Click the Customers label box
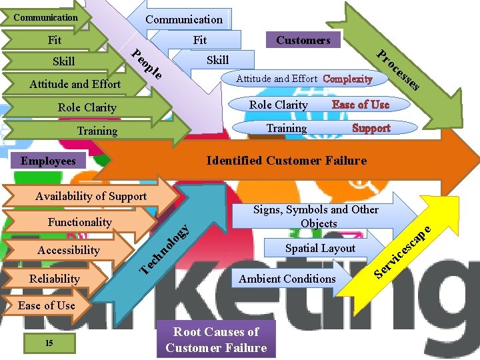pos(303,40)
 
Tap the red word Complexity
pos(347,79)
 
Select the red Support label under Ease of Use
pos(371,128)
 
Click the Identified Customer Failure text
pos(287,161)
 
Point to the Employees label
pos(48,161)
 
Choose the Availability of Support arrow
pos(91,196)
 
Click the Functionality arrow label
pos(80,222)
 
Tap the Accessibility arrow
pos(68,250)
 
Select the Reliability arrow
pos(55,279)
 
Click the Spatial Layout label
pos(320,248)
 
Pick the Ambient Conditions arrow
pos(287,279)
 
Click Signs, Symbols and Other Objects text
pos(316,217)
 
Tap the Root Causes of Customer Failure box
pos(216,340)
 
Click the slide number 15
pos(49,343)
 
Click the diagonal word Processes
pos(398,70)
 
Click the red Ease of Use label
pos(360,105)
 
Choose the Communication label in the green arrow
pos(45,17)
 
